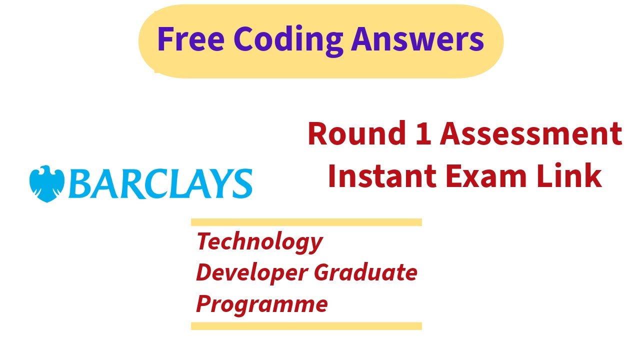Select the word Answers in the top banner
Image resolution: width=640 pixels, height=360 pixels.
tap(417, 39)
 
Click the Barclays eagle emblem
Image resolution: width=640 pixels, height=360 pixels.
tap(47, 183)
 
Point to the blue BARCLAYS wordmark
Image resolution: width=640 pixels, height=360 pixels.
tap(160, 184)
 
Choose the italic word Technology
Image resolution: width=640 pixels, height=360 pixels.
tap(259, 242)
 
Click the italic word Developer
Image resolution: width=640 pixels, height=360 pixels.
tap(250, 272)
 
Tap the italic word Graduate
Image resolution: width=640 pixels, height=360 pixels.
tap(365, 272)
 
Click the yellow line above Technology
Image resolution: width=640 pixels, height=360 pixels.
tap(306, 222)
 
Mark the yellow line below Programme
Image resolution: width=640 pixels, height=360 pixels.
tap(306, 326)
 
